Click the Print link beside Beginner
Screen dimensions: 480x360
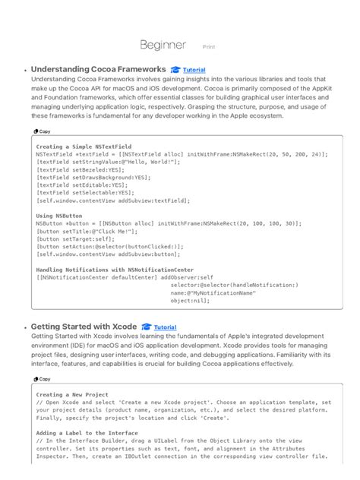[x=209, y=46]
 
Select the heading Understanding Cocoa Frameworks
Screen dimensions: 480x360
[x=98, y=69]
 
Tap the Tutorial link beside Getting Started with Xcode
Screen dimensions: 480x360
[x=165, y=327]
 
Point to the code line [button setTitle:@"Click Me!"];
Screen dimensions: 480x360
[x=83, y=231]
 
